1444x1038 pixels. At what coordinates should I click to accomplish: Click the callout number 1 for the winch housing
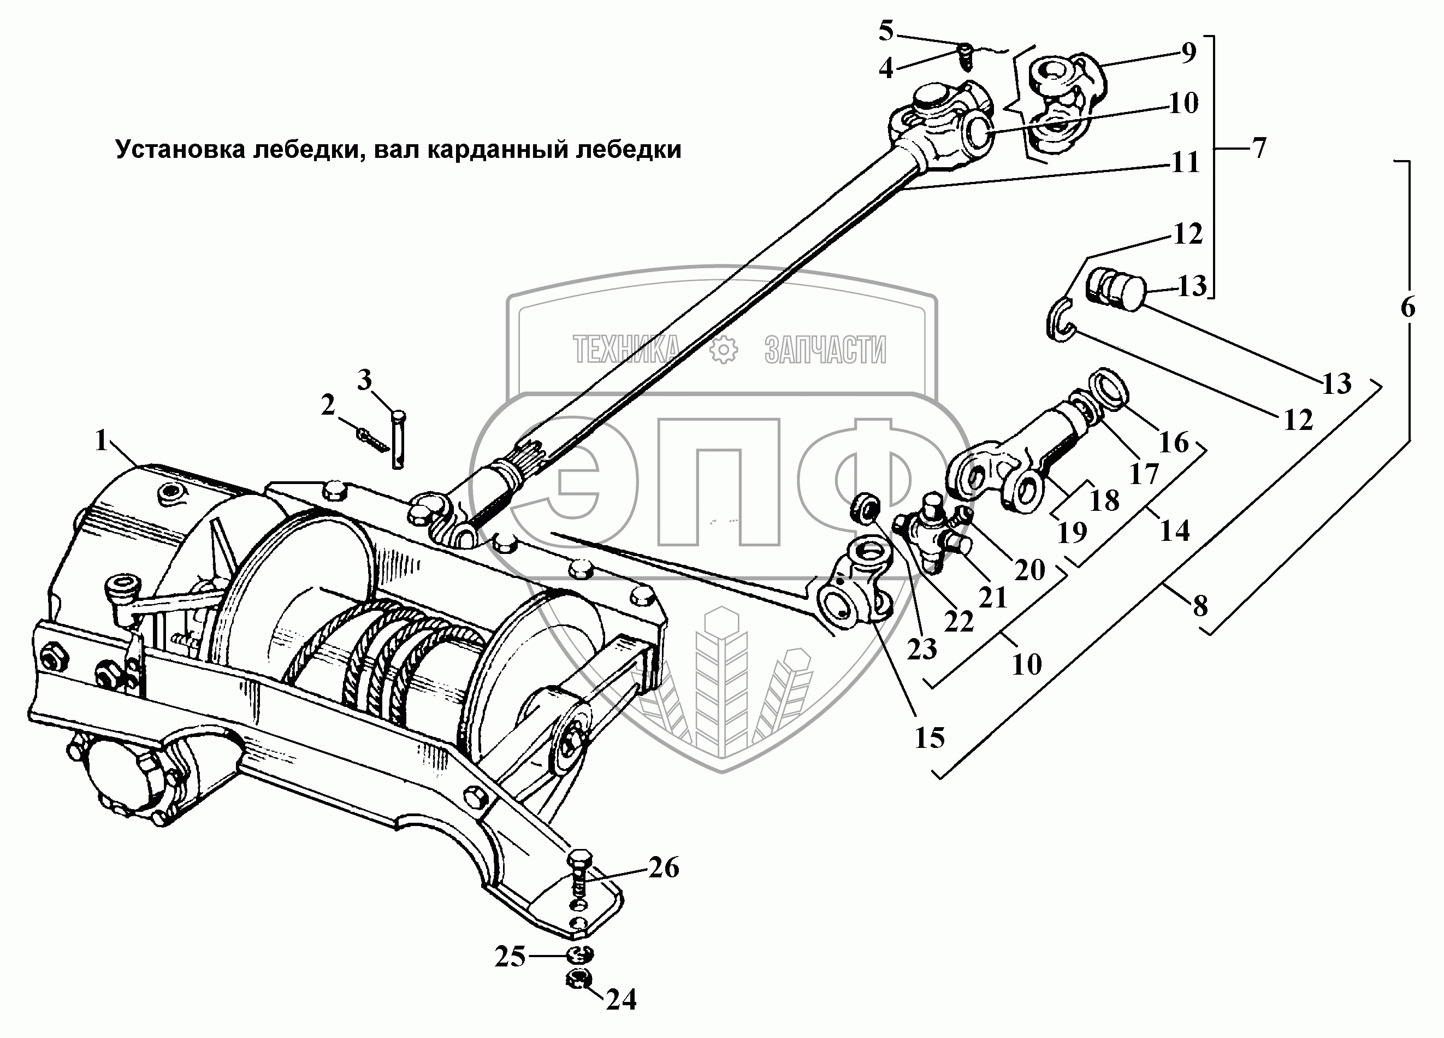[102, 440]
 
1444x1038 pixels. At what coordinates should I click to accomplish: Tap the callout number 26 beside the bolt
[664, 868]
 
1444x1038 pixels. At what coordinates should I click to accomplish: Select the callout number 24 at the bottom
[621, 1000]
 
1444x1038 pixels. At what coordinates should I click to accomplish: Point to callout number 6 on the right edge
[1408, 308]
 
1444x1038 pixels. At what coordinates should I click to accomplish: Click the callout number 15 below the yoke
[930, 738]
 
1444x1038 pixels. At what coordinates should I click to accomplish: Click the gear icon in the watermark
[723, 350]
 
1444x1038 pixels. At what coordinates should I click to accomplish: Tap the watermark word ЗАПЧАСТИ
[825, 350]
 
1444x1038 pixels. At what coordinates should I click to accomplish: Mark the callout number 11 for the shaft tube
[1184, 163]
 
